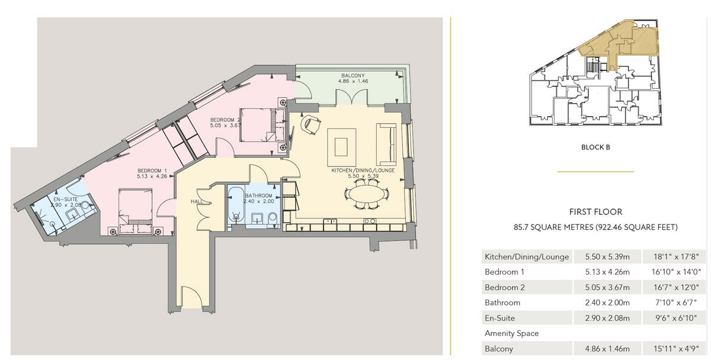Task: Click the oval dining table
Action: click(x=367, y=195)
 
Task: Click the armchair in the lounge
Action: click(x=311, y=126)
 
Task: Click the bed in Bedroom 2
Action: click(x=259, y=125)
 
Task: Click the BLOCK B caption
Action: click(x=595, y=147)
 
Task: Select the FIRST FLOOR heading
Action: click(x=595, y=211)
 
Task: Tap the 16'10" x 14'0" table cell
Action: click(x=674, y=272)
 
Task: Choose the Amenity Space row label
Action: click(x=512, y=333)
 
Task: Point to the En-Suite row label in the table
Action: click(x=502, y=318)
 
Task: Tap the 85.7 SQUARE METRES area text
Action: click(x=595, y=227)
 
